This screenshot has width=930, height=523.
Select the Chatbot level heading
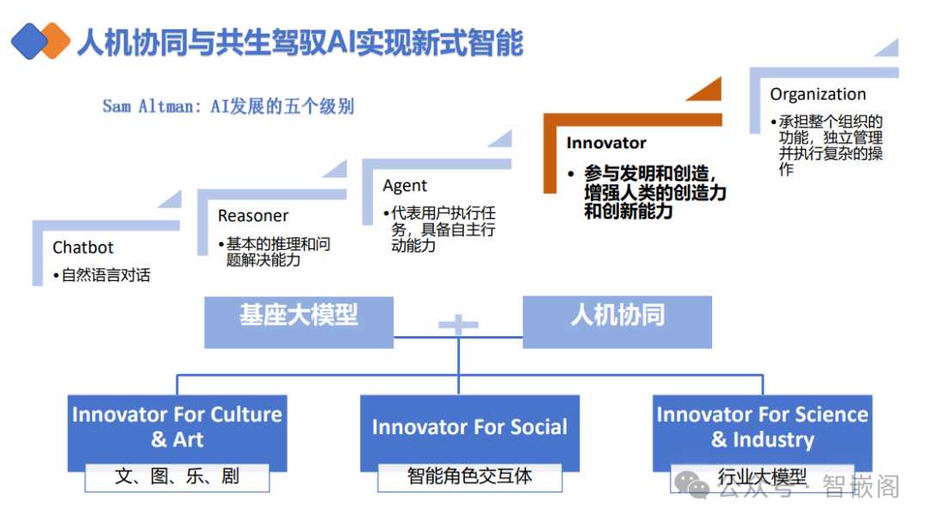pos(83,248)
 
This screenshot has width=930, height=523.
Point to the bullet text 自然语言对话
pos(106,276)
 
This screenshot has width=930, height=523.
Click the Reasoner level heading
pos(253,216)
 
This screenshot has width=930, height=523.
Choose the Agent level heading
pos(405,186)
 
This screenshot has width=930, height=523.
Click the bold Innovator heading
pos(606,143)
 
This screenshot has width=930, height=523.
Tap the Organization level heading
pos(818,95)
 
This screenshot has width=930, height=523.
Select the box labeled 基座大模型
pos(299,316)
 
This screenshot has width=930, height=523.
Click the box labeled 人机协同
pos(617,316)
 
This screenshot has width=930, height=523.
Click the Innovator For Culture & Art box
pos(177,426)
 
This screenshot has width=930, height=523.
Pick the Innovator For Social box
pos(469,427)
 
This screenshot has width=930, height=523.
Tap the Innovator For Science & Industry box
pos(762,426)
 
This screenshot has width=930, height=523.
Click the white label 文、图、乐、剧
pos(177,476)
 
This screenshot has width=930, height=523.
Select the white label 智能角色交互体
pos(469,476)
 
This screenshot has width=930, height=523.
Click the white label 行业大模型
pos(762,476)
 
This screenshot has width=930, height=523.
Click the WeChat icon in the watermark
pos(694,488)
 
